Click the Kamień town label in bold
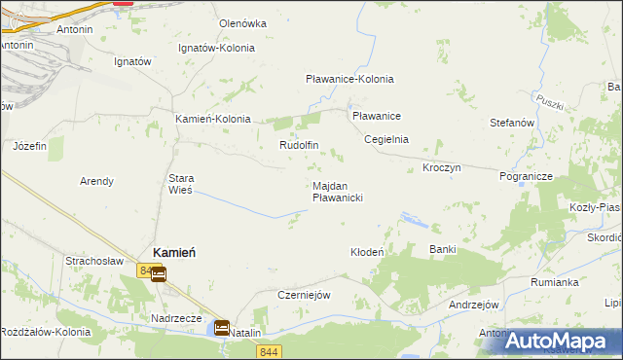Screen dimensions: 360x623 coord(174,251)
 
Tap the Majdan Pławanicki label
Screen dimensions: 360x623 coord(338,192)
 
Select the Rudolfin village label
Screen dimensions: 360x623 coord(299,145)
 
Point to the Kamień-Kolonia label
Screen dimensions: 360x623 coord(212,119)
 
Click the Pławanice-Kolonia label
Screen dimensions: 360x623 coord(349,80)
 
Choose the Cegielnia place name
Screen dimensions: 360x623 coord(385,139)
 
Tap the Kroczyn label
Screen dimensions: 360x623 coord(441,167)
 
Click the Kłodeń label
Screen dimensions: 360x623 coord(368,252)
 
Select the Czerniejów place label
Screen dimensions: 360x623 coord(306,295)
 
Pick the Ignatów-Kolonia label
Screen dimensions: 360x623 coord(217,48)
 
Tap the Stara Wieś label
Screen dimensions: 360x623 coord(182,184)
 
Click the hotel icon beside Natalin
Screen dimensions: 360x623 coord(222,329)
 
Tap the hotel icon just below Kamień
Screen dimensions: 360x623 coord(158,274)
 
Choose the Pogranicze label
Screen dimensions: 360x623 coord(526,177)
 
